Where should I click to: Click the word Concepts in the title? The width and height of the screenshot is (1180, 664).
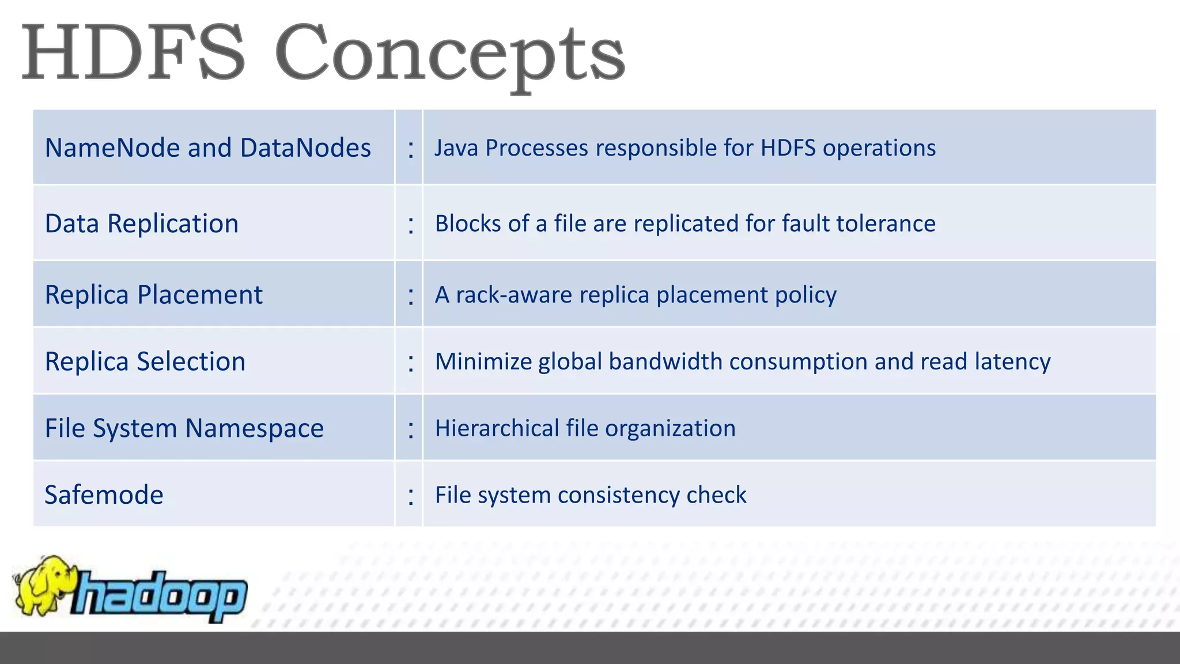[x=449, y=55]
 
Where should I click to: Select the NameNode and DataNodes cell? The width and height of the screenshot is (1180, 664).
[x=207, y=148]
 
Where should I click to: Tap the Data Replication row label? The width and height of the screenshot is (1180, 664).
[x=142, y=224]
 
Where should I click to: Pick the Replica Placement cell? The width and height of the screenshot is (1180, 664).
[x=154, y=295]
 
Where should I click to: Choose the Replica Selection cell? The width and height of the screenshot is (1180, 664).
[x=145, y=362]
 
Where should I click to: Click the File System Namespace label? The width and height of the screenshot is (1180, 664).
[x=184, y=429]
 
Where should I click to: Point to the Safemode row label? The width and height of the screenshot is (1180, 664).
[x=104, y=495]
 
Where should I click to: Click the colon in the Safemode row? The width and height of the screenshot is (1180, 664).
[x=410, y=496]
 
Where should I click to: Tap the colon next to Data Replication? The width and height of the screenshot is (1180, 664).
[x=410, y=225]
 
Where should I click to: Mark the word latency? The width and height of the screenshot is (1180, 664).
[x=1012, y=362]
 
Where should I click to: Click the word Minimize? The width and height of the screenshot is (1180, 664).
[x=483, y=362]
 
